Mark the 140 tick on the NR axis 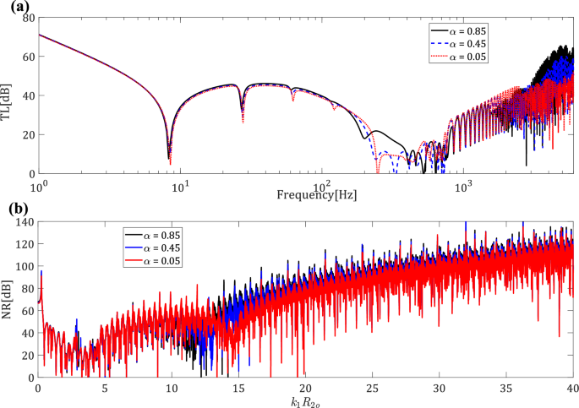point(25,221)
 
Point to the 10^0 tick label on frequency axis point(38,184)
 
